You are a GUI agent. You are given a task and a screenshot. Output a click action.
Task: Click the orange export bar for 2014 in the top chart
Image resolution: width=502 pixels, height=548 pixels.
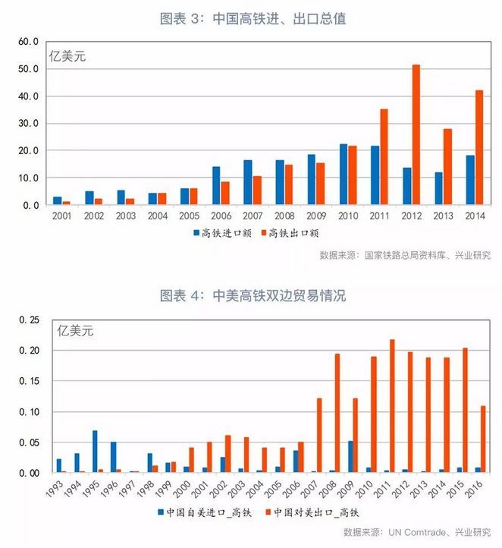[478, 148]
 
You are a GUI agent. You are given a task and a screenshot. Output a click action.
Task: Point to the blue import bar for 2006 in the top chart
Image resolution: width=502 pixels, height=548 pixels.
[216, 186]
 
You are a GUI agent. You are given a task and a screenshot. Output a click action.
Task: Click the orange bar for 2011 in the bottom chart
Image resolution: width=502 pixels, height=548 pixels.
[392, 406]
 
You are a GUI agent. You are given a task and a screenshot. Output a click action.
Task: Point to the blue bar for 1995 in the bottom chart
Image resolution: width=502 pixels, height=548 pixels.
[95, 452]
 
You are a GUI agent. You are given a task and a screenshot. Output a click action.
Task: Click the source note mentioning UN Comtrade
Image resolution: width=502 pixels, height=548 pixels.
[416, 531]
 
